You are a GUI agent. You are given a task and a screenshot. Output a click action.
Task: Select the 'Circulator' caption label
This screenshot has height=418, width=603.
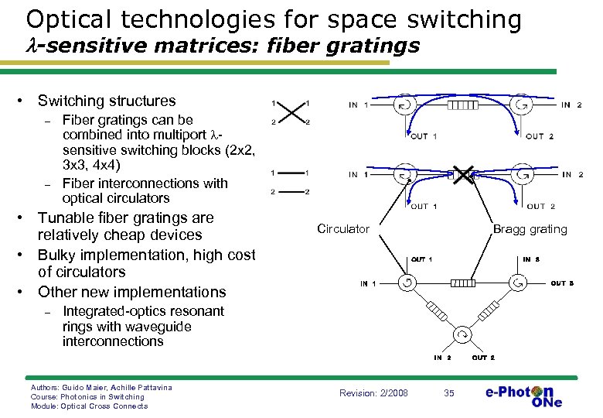point(343,229)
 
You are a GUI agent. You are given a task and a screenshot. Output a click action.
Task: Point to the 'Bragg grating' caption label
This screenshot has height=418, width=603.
point(530,229)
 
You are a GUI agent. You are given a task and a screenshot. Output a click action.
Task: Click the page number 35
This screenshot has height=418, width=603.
point(448,393)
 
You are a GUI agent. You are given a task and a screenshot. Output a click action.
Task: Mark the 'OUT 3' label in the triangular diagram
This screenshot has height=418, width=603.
point(562,283)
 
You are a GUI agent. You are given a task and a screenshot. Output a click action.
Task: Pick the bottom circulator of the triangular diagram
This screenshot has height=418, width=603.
point(462,335)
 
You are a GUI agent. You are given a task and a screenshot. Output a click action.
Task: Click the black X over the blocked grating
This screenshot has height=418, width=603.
point(463,176)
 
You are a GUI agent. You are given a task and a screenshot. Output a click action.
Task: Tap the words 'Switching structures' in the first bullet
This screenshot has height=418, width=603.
point(107,101)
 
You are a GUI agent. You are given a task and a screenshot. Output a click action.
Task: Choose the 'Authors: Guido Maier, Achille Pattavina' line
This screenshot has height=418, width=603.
point(101,387)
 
